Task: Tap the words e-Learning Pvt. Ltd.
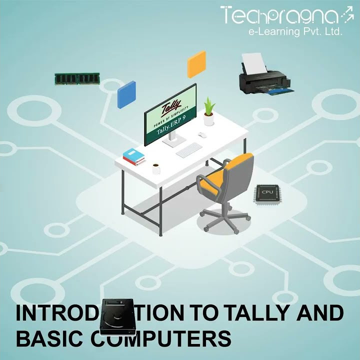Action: pos(295,32)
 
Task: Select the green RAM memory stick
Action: pos(77,78)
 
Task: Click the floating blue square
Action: pos(126,94)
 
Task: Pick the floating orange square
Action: pos(196,64)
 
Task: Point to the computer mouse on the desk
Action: pos(201,135)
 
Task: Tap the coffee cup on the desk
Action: pos(156,168)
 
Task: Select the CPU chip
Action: pos(267,193)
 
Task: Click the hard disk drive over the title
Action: pos(117,317)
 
